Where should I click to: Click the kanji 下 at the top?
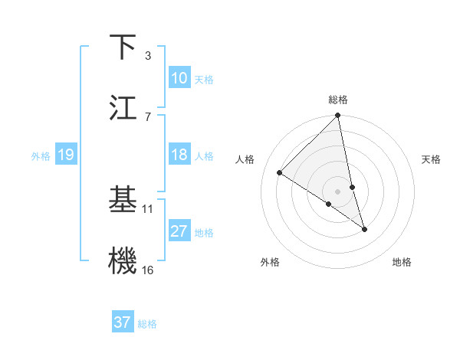click(x=123, y=47)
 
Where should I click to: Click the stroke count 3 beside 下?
click(x=147, y=56)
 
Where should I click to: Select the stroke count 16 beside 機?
click(x=148, y=269)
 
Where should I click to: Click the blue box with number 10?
click(x=179, y=78)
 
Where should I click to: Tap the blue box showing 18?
click(x=179, y=155)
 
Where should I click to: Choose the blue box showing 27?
click(x=179, y=231)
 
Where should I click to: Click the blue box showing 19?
click(x=66, y=155)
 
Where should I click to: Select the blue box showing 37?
click(x=123, y=322)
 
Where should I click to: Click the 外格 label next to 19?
click(x=41, y=156)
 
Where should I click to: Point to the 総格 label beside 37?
click(x=147, y=324)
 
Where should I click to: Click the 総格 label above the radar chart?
click(x=338, y=100)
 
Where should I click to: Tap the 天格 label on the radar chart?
click(x=432, y=159)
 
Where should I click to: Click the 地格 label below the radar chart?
click(x=402, y=262)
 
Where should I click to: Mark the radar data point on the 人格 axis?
click(x=280, y=173)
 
